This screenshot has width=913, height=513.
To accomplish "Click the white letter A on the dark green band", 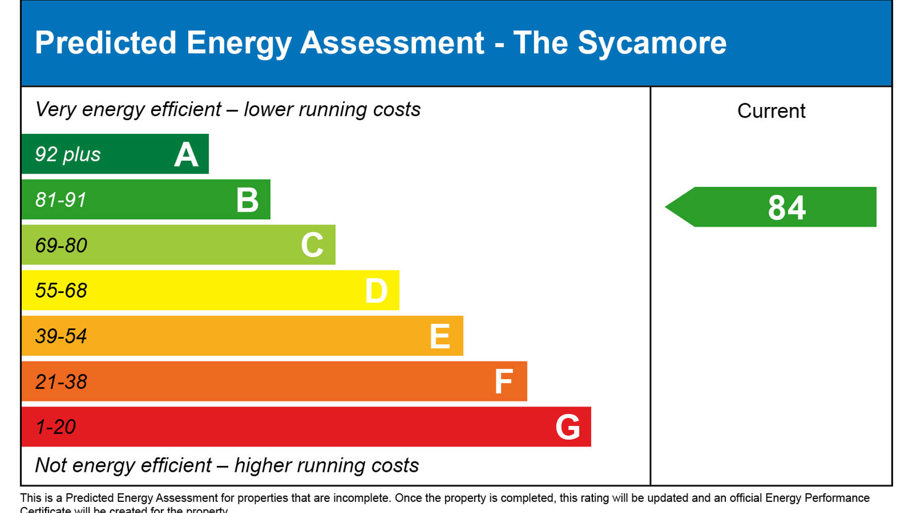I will click(x=186, y=155).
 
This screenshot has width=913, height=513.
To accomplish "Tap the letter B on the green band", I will click(x=248, y=200).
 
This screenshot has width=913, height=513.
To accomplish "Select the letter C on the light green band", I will click(x=312, y=245).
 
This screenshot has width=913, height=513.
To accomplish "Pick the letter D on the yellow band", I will click(x=376, y=291).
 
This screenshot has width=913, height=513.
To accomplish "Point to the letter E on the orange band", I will click(x=440, y=337).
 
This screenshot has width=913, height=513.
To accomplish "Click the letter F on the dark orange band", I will click(x=504, y=382).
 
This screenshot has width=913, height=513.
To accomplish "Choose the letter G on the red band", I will click(x=568, y=427).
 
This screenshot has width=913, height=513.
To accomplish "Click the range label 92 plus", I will click(x=67, y=155).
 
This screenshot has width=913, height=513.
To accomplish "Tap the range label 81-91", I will click(x=61, y=200).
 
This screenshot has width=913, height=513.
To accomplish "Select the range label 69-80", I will click(x=61, y=246).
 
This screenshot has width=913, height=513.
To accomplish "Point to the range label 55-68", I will click(x=61, y=291).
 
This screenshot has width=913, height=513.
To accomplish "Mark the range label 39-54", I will click(x=61, y=337).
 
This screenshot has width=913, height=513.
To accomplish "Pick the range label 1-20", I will click(x=55, y=427).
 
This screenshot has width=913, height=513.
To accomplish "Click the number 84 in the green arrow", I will click(x=787, y=208).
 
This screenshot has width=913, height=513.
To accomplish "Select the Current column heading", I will click(x=771, y=111).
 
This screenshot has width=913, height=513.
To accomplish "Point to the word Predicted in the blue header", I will click(x=106, y=43).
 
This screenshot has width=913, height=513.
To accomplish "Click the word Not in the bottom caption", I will click(x=51, y=465).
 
